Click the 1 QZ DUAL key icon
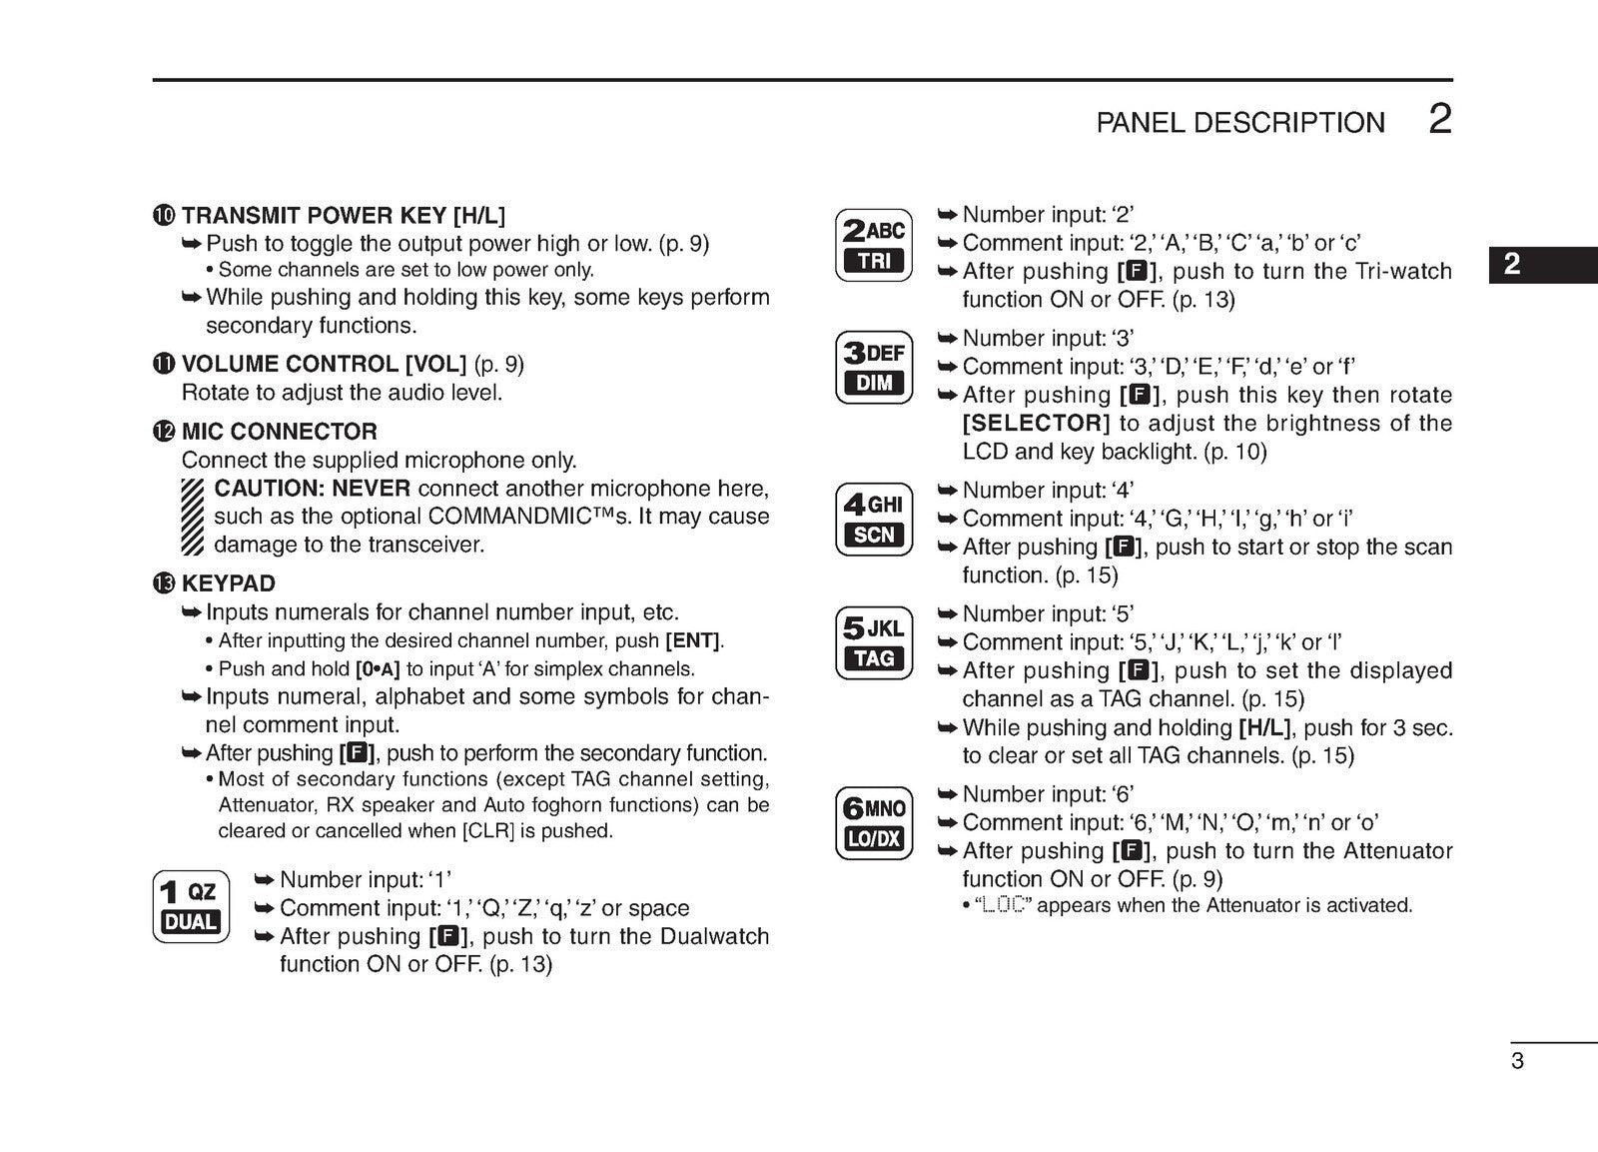point(191,906)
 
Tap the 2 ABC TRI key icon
point(874,245)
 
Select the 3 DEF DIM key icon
point(874,367)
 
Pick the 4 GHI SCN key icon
point(874,519)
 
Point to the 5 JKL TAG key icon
point(874,642)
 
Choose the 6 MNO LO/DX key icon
point(874,823)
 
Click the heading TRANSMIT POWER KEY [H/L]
point(343,216)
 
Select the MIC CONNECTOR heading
point(279,432)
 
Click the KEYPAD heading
point(228,583)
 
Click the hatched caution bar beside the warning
point(193,517)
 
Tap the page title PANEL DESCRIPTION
point(1240,123)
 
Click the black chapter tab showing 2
point(1541,264)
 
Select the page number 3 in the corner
point(1517,1061)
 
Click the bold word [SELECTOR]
point(1036,423)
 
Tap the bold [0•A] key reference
point(378,669)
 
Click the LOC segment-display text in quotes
point(1003,906)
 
